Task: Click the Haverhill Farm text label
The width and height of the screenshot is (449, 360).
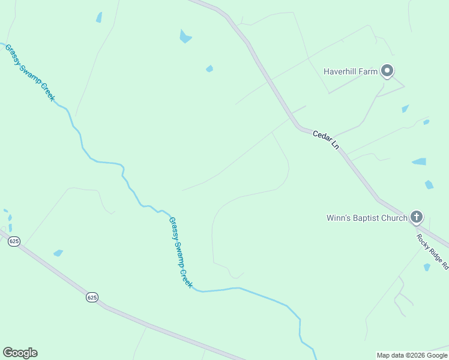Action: (351, 72)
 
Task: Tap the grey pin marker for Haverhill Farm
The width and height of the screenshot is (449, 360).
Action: (388, 71)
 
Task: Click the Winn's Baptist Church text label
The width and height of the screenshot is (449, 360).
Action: (367, 218)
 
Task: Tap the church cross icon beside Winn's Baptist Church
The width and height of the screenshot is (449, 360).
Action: (417, 217)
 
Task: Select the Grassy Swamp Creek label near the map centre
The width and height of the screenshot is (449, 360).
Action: (180, 252)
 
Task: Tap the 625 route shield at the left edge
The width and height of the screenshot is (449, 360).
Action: (14, 241)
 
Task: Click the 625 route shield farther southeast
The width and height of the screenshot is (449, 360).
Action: (91, 297)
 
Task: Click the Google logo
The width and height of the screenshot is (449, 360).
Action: (20, 353)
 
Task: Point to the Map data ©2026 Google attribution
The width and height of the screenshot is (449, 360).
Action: (412, 355)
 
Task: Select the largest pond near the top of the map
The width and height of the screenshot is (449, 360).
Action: (185, 37)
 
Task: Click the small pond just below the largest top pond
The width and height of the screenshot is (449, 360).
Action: (209, 69)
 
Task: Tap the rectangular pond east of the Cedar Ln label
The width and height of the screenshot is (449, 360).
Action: (419, 161)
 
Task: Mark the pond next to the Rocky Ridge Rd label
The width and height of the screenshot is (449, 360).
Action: (427, 267)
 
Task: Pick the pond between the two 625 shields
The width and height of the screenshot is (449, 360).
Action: (58, 253)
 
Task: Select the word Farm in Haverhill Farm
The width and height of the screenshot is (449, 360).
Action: (369, 72)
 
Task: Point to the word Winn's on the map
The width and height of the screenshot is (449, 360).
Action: (337, 218)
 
